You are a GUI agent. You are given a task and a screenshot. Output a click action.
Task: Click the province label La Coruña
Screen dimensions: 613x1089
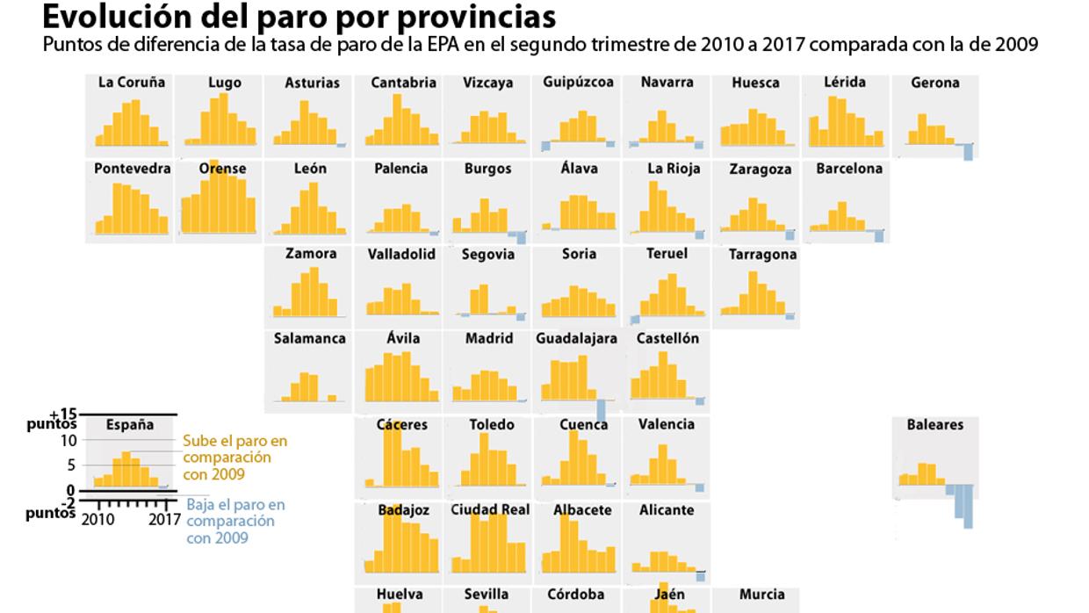click(x=132, y=83)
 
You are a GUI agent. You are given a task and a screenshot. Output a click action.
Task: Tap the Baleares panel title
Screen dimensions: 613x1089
click(x=934, y=424)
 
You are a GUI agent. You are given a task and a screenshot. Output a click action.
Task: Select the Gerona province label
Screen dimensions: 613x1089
click(x=934, y=83)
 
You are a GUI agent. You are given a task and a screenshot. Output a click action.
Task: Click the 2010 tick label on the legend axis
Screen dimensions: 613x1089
click(x=97, y=520)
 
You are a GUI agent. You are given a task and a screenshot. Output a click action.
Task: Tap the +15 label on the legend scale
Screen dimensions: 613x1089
click(x=64, y=414)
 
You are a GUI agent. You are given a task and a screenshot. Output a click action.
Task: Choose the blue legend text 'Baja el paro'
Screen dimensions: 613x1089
click(x=235, y=505)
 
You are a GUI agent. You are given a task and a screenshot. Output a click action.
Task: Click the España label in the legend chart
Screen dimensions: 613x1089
click(x=130, y=425)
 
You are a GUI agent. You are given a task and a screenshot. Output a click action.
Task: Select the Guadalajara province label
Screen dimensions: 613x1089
click(x=577, y=338)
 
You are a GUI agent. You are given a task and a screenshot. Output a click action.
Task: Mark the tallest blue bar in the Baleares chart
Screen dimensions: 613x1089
click(x=968, y=507)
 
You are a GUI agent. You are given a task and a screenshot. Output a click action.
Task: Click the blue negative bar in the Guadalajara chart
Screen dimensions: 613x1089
click(x=602, y=410)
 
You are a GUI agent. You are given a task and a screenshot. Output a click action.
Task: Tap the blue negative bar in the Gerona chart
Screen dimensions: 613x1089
click(x=968, y=153)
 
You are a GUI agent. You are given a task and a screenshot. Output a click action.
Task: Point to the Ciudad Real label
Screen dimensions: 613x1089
click(x=490, y=509)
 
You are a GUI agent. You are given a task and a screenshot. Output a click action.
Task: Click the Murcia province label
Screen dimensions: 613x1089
click(x=761, y=595)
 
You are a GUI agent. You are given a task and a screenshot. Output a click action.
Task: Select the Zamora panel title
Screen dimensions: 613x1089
click(x=311, y=254)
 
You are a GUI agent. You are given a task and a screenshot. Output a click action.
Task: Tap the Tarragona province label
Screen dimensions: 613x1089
click(x=762, y=255)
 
